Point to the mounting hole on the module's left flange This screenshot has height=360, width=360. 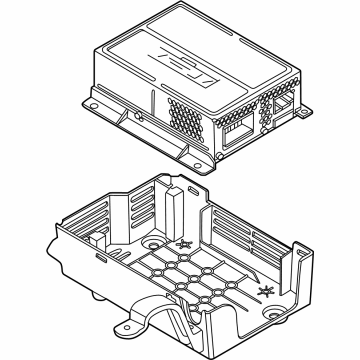tap(97, 101)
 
